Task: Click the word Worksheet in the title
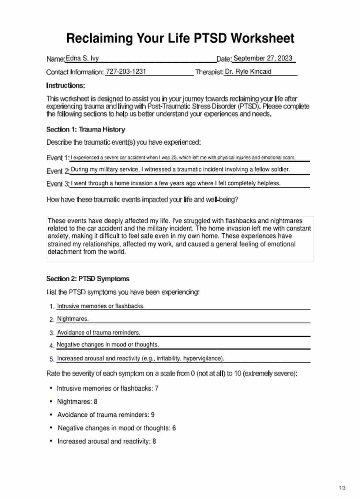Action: coord(262,39)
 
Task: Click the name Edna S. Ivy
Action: coord(82,58)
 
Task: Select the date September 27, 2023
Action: coord(263,58)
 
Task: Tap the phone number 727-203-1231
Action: coord(126,72)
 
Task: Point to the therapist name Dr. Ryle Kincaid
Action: coord(248,72)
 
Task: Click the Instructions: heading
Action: coord(66,85)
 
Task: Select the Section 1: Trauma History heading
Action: coord(86,129)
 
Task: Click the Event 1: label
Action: coord(58,158)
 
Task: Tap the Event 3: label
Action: coord(58,184)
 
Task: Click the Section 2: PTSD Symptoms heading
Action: coord(88,279)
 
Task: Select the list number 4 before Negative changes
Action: coord(52,346)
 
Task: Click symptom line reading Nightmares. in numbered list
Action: coord(73,319)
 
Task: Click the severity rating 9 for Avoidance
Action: coord(153,415)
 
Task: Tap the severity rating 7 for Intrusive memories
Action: coord(156,388)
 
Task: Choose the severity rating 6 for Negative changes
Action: coord(174,428)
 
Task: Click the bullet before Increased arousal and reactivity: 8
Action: coord(51,441)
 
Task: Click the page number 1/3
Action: coord(342,488)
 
